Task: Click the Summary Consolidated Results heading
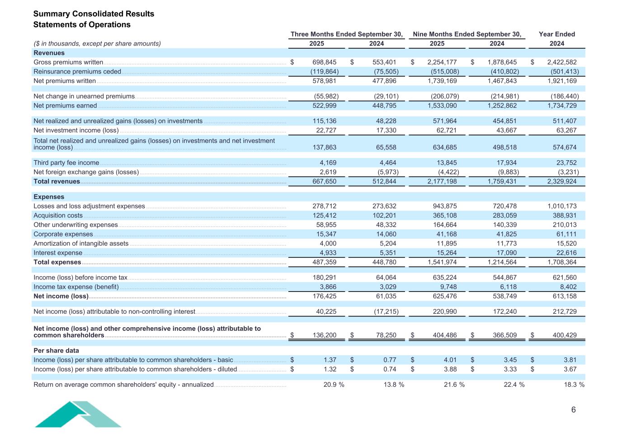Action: point(94,14)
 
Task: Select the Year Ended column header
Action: point(556,34)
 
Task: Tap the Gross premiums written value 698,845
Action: point(324,62)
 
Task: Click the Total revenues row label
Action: point(57,181)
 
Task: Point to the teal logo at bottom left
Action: point(78,414)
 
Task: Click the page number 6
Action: point(573,410)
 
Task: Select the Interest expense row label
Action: point(58,253)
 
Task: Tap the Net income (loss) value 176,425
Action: point(324,296)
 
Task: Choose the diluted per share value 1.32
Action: point(330,369)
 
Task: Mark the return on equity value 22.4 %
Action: point(514,385)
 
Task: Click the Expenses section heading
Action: point(49,197)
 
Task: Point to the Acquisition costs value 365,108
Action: point(444,215)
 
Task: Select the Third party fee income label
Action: point(66,162)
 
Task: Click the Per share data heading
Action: point(56,351)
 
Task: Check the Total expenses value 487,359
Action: point(324,262)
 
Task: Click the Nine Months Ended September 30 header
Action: point(466,34)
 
